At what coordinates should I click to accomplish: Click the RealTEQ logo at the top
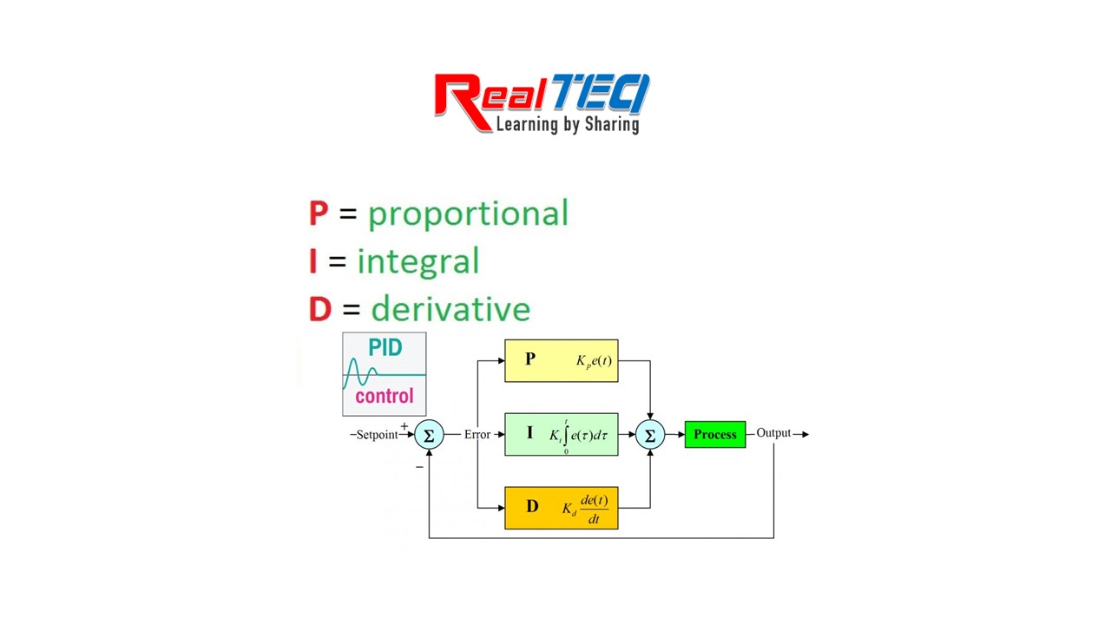[x=542, y=102]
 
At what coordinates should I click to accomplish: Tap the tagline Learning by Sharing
[x=568, y=124]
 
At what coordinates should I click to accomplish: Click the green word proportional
[x=468, y=214]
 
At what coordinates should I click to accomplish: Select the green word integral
[x=417, y=261]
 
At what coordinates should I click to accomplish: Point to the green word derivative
[x=450, y=309]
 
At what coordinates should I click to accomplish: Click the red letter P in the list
[x=319, y=214]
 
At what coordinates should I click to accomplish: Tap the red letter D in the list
[x=320, y=309]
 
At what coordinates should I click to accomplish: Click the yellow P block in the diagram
[x=561, y=360]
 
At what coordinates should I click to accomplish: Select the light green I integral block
[x=561, y=434]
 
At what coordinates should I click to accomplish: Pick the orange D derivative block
[x=561, y=508]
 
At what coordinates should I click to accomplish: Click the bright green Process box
[x=714, y=434]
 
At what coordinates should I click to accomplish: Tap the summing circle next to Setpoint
[x=429, y=435]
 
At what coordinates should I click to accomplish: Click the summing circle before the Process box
[x=650, y=435]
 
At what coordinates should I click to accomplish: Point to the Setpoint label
[x=377, y=435]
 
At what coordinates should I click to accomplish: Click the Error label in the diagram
[x=477, y=434]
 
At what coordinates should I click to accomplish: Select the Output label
[x=772, y=433]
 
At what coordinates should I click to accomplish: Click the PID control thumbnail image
[x=385, y=373]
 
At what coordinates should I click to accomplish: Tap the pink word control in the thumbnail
[x=385, y=397]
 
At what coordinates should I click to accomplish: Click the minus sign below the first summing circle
[x=419, y=467]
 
